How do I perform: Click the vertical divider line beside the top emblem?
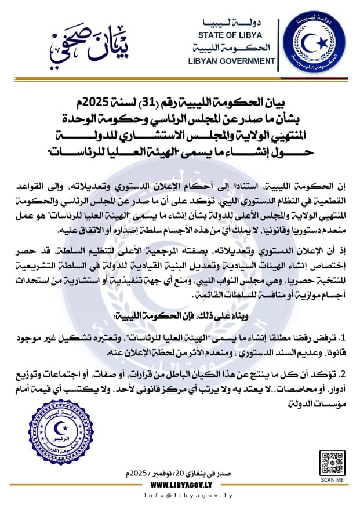coord(279,42)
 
